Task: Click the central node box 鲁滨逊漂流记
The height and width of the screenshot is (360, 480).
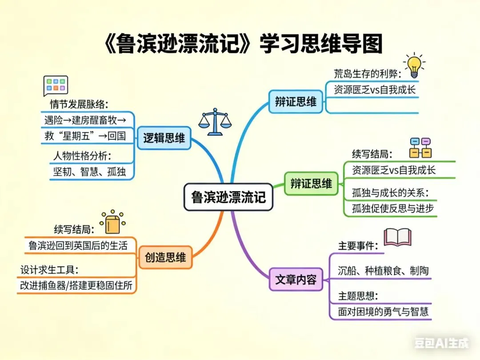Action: click(x=228, y=197)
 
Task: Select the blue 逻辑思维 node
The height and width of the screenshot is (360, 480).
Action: click(x=164, y=139)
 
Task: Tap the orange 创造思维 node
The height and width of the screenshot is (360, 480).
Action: click(x=165, y=257)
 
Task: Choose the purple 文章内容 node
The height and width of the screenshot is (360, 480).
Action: click(x=296, y=280)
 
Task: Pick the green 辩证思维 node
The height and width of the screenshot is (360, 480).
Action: click(x=311, y=184)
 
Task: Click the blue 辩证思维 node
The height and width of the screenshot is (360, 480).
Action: click(x=296, y=102)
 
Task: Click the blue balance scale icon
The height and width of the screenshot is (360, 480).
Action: click(x=215, y=121)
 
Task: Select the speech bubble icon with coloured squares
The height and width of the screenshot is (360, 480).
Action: click(x=56, y=85)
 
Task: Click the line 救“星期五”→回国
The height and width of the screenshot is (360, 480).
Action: click(x=84, y=136)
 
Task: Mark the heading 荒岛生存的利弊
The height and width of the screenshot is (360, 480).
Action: click(x=368, y=74)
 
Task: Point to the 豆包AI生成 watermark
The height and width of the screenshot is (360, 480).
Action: click(x=441, y=343)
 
